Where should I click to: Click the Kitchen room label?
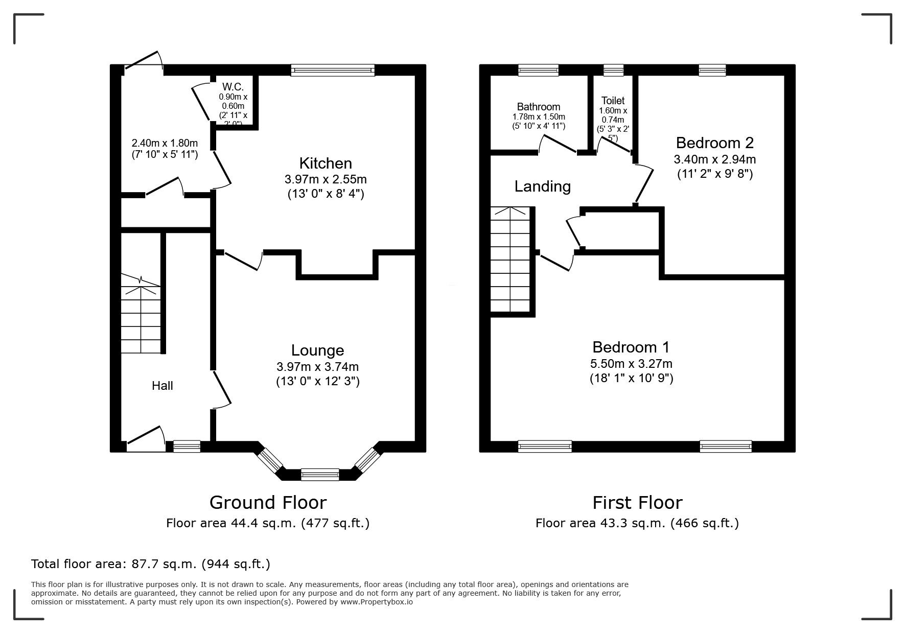pos(326,163)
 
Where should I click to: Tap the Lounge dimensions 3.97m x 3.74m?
pos(317,366)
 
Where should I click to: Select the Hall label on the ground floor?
pos(163,386)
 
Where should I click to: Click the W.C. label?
pos(233,87)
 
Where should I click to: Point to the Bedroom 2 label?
pos(714,143)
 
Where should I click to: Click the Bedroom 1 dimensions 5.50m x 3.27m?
pos(631,364)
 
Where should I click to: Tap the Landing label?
pos(542,186)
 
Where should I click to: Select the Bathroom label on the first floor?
pos(539,107)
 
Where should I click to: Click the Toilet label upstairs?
pos(613,101)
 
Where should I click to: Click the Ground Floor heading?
pos(268,503)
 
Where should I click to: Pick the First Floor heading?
pos(637,503)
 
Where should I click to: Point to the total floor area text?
pos(151,564)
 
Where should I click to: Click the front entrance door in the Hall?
pos(146,438)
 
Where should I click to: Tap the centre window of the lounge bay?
pos(320,475)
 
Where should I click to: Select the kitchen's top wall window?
pos(333,70)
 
